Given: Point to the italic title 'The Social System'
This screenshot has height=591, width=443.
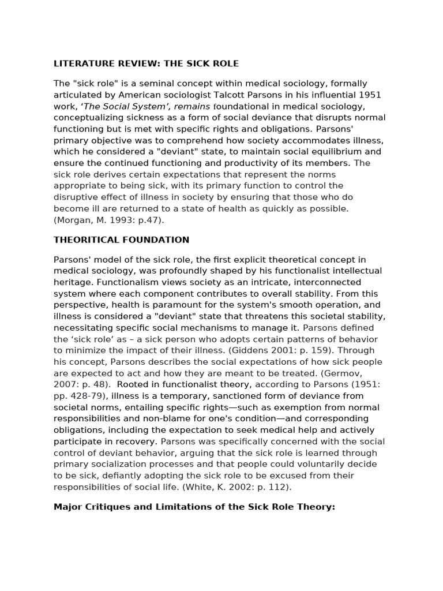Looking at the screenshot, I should tap(118, 106).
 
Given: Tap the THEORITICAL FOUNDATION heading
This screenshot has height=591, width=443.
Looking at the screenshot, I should tap(121, 240).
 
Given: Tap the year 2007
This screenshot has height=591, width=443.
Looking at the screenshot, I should tap(65, 384).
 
